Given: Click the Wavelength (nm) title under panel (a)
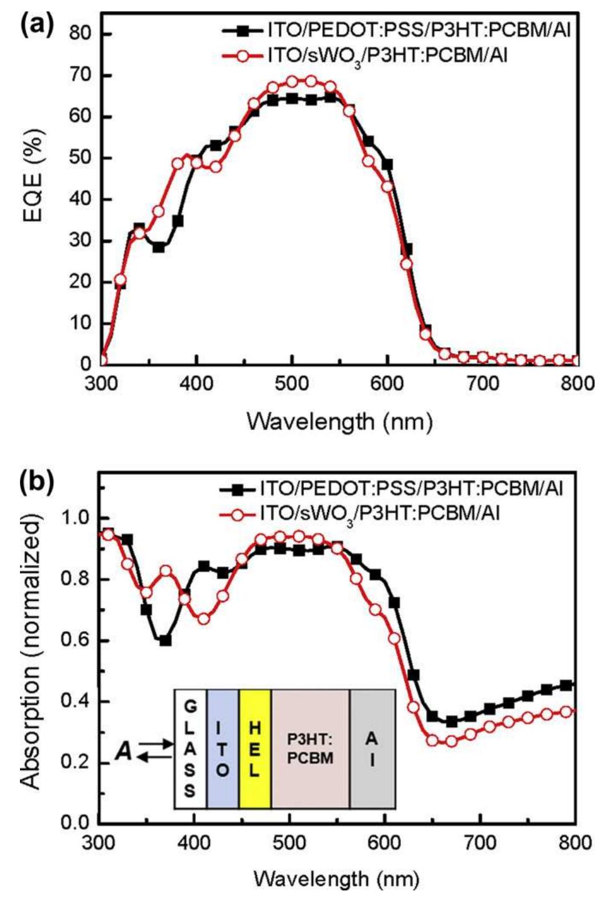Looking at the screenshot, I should point(339,422).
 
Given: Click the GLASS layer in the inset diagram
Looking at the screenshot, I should point(190,749).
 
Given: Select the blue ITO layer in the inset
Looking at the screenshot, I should point(223,749).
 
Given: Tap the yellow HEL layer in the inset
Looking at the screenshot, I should point(255,749).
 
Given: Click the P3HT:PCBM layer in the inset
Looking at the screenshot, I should point(310,749).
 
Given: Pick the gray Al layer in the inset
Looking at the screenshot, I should point(372,749).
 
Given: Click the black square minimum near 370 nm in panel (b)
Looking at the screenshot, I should point(166,641).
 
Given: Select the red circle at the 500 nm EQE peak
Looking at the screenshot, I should point(292,81).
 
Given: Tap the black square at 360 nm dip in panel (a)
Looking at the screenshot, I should point(159,247).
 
